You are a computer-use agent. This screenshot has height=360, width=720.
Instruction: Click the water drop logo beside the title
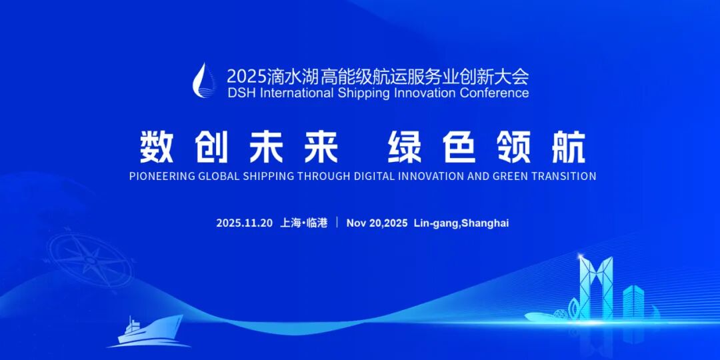(201, 81)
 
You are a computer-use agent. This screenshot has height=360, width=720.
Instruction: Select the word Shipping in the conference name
(364, 93)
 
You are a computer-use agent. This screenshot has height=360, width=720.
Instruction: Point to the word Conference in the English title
(494, 93)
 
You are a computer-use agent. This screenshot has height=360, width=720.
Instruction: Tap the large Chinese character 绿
(405, 147)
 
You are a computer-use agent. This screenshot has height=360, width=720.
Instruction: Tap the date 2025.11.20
(244, 223)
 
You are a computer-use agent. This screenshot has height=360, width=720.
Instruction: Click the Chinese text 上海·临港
(305, 223)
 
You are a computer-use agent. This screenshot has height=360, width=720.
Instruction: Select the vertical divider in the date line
(337, 223)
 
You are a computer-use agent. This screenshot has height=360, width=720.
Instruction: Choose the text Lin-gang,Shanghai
(461, 223)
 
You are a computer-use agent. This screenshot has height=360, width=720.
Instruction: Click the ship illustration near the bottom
(151, 331)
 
